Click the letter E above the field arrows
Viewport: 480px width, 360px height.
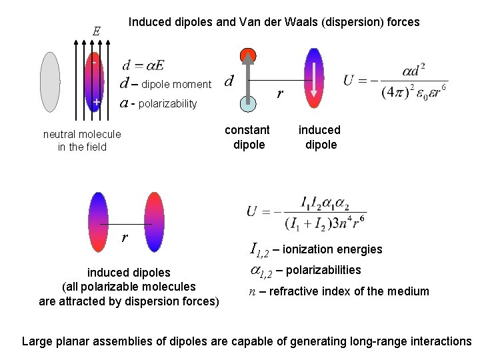point(96,31)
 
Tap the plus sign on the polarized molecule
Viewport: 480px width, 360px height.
point(96,102)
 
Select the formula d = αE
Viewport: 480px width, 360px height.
point(143,65)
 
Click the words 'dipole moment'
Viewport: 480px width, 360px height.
point(176,84)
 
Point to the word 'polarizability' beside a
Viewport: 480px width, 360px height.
point(168,103)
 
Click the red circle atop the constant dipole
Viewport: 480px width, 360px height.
point(248,56)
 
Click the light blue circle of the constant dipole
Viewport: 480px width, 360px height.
point(248,101)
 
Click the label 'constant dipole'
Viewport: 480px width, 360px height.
point(247,137)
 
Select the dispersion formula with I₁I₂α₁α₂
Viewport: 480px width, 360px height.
point(307,211)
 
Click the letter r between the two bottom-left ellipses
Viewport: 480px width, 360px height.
point(125,238)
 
